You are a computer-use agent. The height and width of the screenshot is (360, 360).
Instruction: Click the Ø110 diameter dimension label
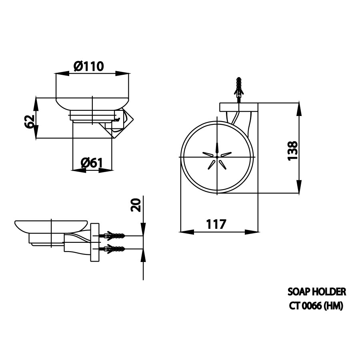[x=89, y=66]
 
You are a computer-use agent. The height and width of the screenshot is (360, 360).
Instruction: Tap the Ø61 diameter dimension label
[x=92, y=163]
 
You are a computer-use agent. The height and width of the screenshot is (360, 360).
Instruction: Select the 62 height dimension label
[x=28, y=122]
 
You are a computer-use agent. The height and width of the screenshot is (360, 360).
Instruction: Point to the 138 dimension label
[x=293, y=151]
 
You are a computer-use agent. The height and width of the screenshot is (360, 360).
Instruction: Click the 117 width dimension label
[x=216, y=224]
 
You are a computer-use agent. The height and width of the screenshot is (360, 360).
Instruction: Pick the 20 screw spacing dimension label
[x=136, y=205]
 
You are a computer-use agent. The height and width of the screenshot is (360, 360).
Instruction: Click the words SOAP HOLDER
[x=317, y=292]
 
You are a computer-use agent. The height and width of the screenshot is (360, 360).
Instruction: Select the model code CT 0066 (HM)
[x=316, y=306]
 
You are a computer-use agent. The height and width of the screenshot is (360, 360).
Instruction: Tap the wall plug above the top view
[x=239, y=87]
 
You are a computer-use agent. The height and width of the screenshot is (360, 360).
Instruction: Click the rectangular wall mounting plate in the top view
[x=238, y=108]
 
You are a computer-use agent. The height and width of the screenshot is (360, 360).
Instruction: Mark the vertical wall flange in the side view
[x=94, y=243]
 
